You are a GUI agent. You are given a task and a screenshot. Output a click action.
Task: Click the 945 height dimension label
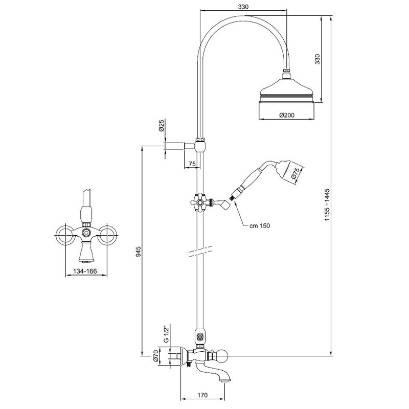[138, 252]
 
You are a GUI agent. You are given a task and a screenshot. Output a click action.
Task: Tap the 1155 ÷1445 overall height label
[327, 205]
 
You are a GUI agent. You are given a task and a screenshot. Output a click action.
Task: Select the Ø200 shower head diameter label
[287, 115]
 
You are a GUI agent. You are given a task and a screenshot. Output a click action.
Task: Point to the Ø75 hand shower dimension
[295, 173]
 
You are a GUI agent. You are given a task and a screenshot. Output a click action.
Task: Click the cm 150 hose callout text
[260, 225]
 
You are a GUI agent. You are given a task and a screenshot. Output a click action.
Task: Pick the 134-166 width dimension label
[85, 271]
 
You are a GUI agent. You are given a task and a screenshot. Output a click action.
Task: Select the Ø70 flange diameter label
[156, 356]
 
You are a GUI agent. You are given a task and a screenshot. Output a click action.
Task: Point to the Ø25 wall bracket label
[161, 126]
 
